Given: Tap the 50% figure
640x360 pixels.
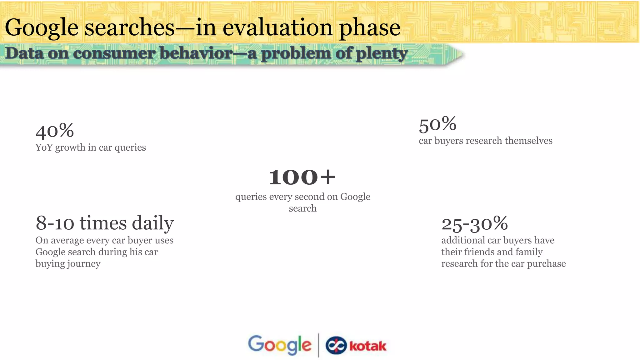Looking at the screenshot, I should click(x=437, y=124).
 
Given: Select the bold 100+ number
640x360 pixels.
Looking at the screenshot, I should click(x=302, y=177).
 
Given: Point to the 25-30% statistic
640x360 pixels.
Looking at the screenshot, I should click(x=474, y=223).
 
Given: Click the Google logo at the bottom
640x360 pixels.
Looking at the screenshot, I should click(x=279, y=345).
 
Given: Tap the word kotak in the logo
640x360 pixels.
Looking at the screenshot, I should click(x=367, y=346).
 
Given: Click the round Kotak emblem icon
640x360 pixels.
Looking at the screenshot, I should click(x=336, y=346).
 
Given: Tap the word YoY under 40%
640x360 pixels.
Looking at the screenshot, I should click(x=44, y=147).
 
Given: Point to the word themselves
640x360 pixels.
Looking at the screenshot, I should click(x=528, y=141).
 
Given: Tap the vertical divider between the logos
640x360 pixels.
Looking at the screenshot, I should click(x=318, y=345).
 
